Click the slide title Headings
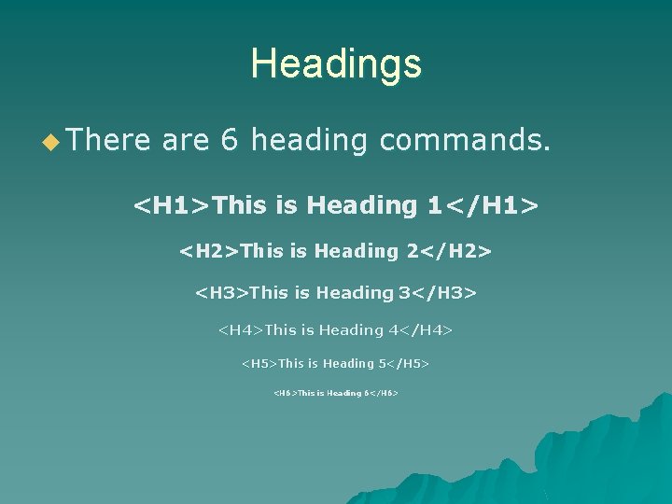pyautogui.click(x=336, y=64)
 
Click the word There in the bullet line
pyautogui.click(x=108, y=141)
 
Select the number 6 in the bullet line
pyautogui.click(x=229, y=141)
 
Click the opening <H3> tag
pyautogui.click(x=222, y=293)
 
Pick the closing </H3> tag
pyautogui.click(x=444, y=293)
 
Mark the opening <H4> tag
pyautogui.click(x=241, y=330)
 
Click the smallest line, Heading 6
pyautogui.click(x=336, y=394)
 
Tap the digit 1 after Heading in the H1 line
pyautogui.click(x=433, y=205)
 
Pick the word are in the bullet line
pyautogui.click(x=186, y=141)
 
